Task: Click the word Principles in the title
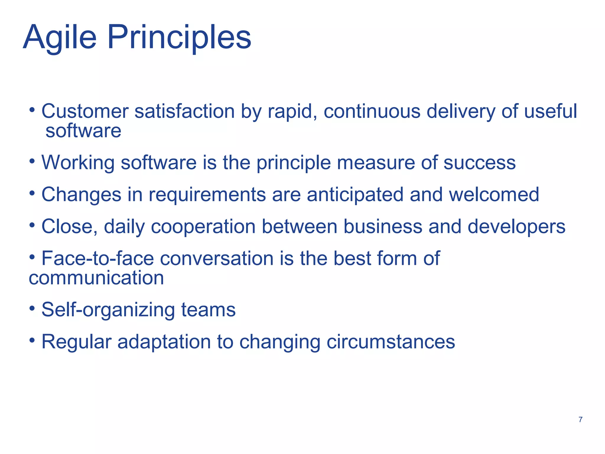[179, 38]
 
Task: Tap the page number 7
[580, 419]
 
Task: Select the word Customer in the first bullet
[85, 111]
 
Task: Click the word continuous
[372, 111]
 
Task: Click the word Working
[78, 163]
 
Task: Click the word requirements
[207, 195]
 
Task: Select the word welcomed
[494, 194]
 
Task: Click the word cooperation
[203, 227]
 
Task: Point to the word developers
[516, 227]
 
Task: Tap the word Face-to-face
[97, 259]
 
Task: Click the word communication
[96, 278]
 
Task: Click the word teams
[208, 310]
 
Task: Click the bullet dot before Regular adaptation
[32, 341]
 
